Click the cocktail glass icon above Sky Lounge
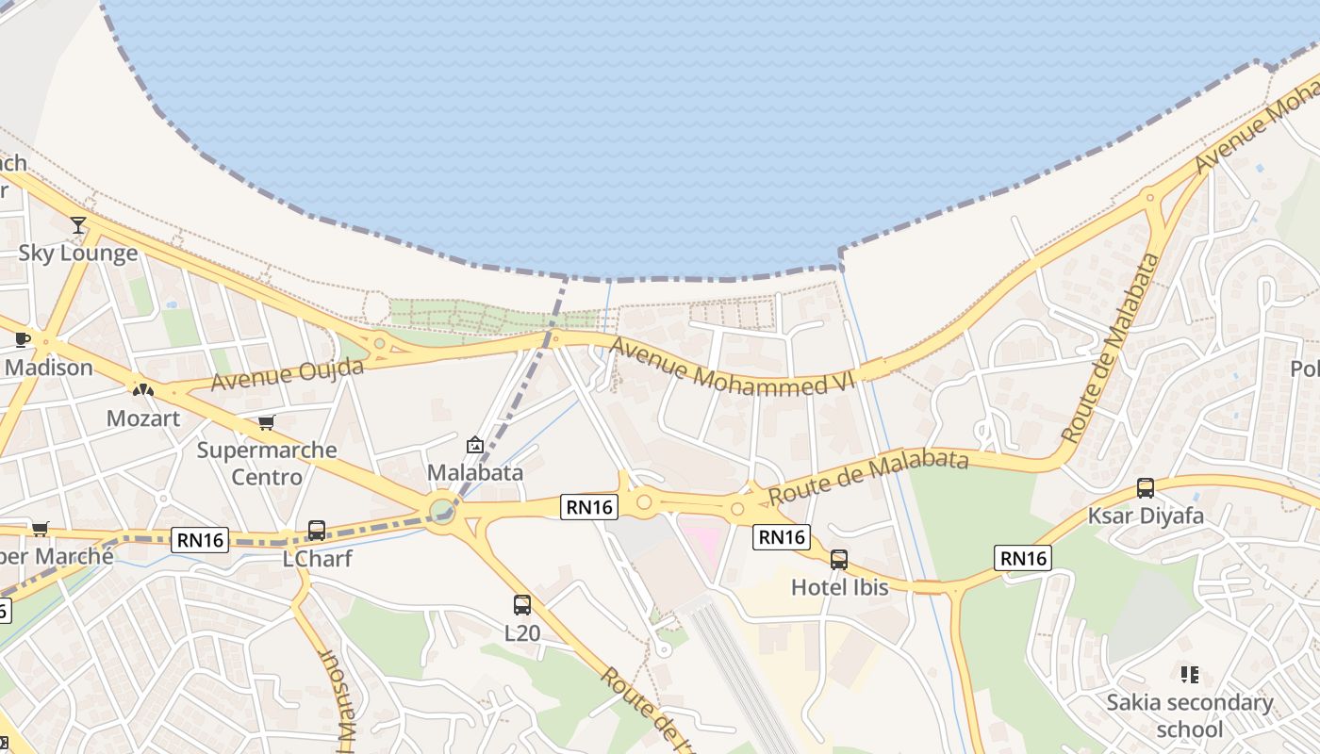pyautogui.click(x=78, y=225)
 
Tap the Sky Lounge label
pyautogui.click(x=78, y=254)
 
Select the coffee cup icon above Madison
pyautogui.click(x=23, y=340)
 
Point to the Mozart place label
pyautogui.click(x=143, y=418)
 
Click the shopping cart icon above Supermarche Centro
pyautogui.click(x=267, y=423)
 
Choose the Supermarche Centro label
pyautogui.click(x=267, y=463)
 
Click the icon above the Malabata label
pyautogui.click(x=475, y=445)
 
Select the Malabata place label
pyautogui.click(x=475, y=472)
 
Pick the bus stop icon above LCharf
pyautogui.click(x=317, y=531)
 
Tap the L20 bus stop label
pyautogui.click(x=522, y=632)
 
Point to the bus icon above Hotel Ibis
pyautogui.click(x=839, y=560)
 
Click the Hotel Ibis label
pyautogui.click(x=839, y=587)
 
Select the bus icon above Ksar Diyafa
pyautogui.click(x=1146, y=488)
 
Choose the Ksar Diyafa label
pyautogui.click(x=1146, y=516)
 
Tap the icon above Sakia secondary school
pyautogui.click(x=1189, y=675)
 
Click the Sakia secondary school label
pyautogui.click(x=1190, y=715)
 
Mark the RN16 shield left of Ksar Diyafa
pyautogui.click(x=1023, y=558)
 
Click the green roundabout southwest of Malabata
pyautogui.click(x=441, y=511)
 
